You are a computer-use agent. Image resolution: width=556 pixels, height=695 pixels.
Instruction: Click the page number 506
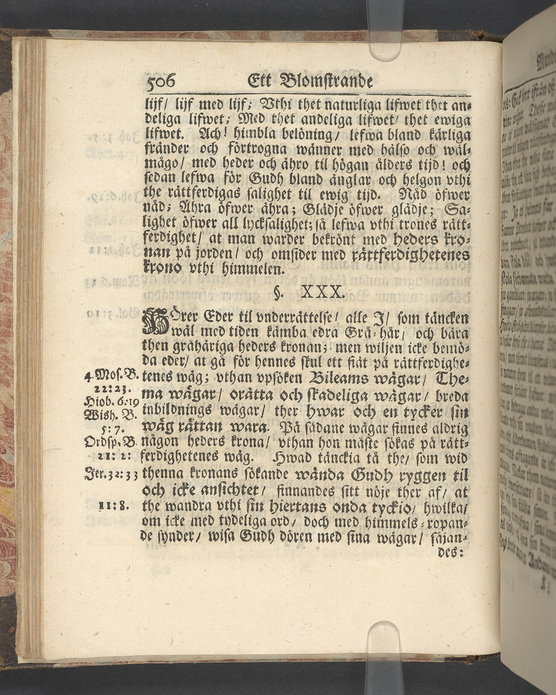tap(160, 82)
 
